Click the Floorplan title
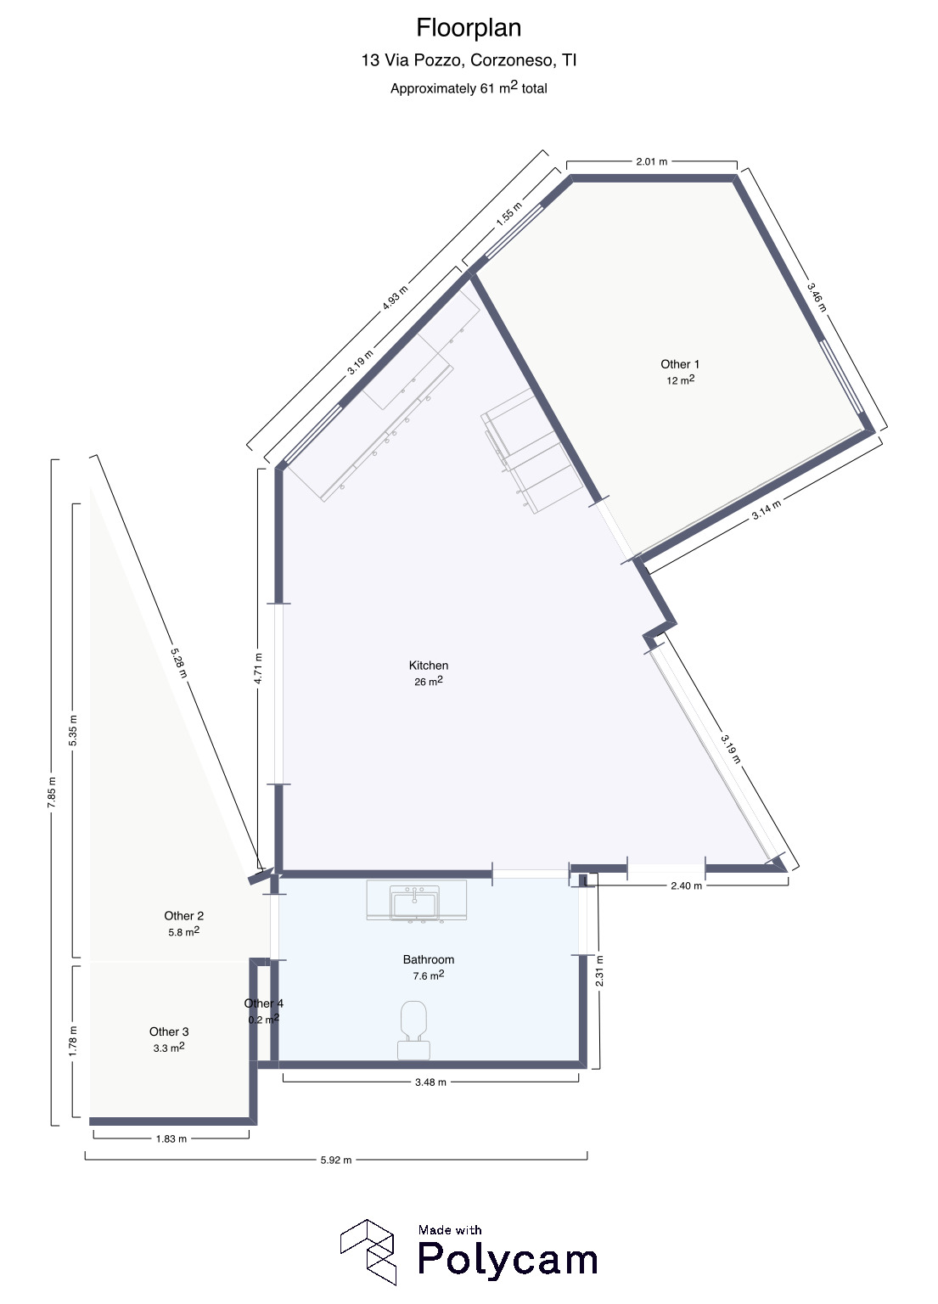pos(469,28)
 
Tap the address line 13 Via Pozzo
pos(469,60)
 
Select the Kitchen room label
pos(429,666)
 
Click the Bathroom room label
pos(429,959)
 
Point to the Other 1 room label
pos(680,364)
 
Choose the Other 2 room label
pos(183,916)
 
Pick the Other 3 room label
pos(169,1031)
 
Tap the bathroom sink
pos(415,902)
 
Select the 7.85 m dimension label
pos(52,792)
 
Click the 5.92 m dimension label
pos(336,1160)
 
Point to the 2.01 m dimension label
pos(652,161)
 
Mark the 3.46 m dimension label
pos(817,296)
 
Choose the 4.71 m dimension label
pos(258,668)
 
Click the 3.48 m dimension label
pos(430,1082)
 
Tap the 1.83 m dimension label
pos(171,1138)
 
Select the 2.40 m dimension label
pos(687,885)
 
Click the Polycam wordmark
pos(508,1258)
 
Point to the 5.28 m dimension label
pos(178,662)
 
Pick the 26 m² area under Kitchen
pos(429,681)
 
